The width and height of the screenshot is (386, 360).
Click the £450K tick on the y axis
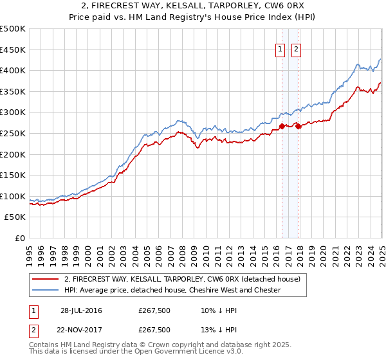coord(13,50)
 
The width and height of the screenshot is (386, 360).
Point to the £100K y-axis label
coord(13,197)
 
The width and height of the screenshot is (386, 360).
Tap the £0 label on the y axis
coord(19,239)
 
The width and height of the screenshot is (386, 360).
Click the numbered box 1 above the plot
coord(281,50)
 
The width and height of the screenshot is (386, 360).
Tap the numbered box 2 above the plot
coord(297,50)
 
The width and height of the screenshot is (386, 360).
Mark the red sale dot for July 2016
coord(282,126)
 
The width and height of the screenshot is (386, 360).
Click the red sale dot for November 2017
coord(297,126)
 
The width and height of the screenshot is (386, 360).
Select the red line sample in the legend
coord(45,280)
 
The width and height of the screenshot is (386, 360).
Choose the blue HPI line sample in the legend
coord(45,290)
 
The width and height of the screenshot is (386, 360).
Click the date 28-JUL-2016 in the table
coord(81,310)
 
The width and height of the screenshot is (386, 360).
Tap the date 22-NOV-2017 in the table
coord(81,330)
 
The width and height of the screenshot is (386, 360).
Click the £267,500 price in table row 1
coord(154,310)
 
